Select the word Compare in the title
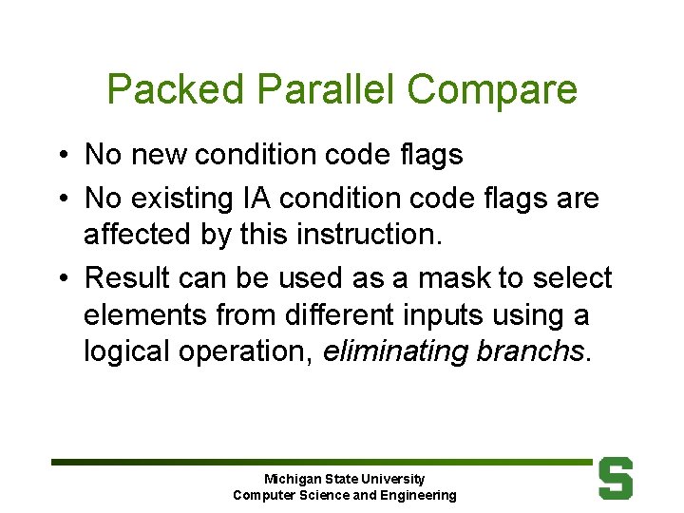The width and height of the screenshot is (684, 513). pos(491,90)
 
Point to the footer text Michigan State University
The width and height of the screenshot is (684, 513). pos(344,479)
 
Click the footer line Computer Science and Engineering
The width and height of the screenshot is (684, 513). pos(344,495)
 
